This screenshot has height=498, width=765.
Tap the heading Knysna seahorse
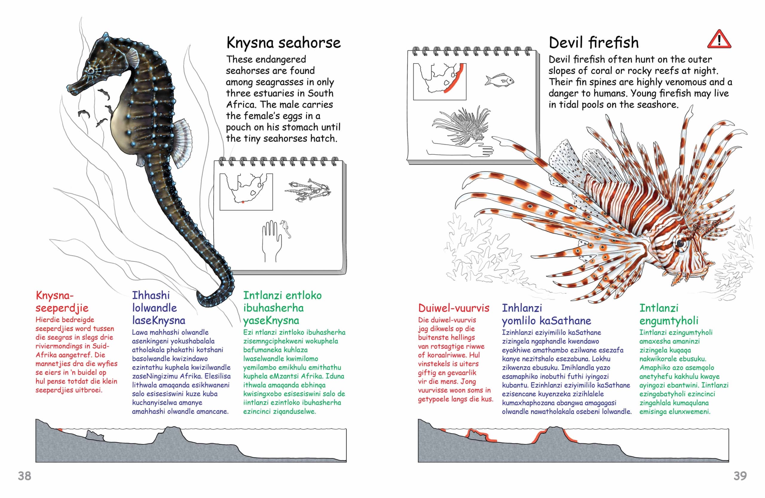pyautogui.click(x=284, y=43)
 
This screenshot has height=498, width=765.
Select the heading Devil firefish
pyautogui.click(x=594, y=43)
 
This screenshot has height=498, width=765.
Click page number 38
pyautogui.click(x=25, y=476)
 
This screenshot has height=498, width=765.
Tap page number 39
pyautogui.click(x=740, y=476)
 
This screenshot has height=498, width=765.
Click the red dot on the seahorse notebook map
pyautogui.click(x=243, y=202)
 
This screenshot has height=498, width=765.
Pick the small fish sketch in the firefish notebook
pyautogui.click(x=499, y=80)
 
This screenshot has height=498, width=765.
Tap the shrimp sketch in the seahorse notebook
pyautogui.click(x=307, y=190)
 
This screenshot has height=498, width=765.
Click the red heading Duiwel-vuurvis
pyautogui.click(x=454, y=308)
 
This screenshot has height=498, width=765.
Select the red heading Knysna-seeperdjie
pyautogui.click(x=62, y=301)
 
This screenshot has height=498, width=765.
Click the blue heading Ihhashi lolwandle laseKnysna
pyautogui.click(x=158, y=307)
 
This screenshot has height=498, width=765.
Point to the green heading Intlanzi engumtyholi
pyautogui.click(x=669, y=314)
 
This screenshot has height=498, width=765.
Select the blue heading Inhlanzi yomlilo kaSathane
pyautogui.click(x=547, y=314)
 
